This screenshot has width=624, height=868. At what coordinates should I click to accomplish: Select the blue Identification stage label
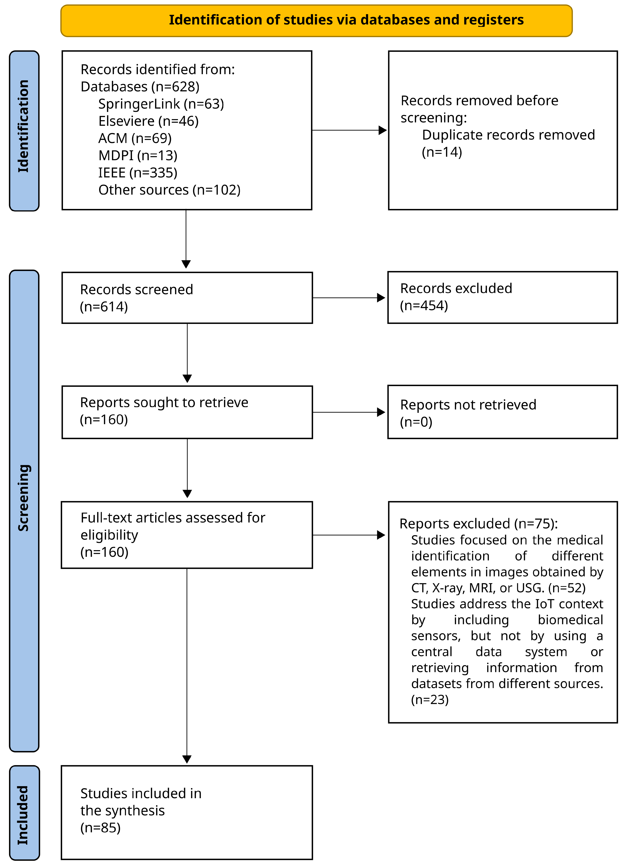[24, 131]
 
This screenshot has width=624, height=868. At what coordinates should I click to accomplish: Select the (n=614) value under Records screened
[104, 307]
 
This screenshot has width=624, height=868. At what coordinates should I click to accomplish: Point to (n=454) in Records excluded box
[424, 306]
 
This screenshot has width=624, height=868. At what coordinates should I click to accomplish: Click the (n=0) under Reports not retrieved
[416, 422]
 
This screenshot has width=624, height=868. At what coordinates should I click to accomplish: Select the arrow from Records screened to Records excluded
[349, 298]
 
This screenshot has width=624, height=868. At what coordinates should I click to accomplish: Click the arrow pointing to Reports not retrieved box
[349, 412]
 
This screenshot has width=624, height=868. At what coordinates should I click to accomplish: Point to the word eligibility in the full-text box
[109, 535]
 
